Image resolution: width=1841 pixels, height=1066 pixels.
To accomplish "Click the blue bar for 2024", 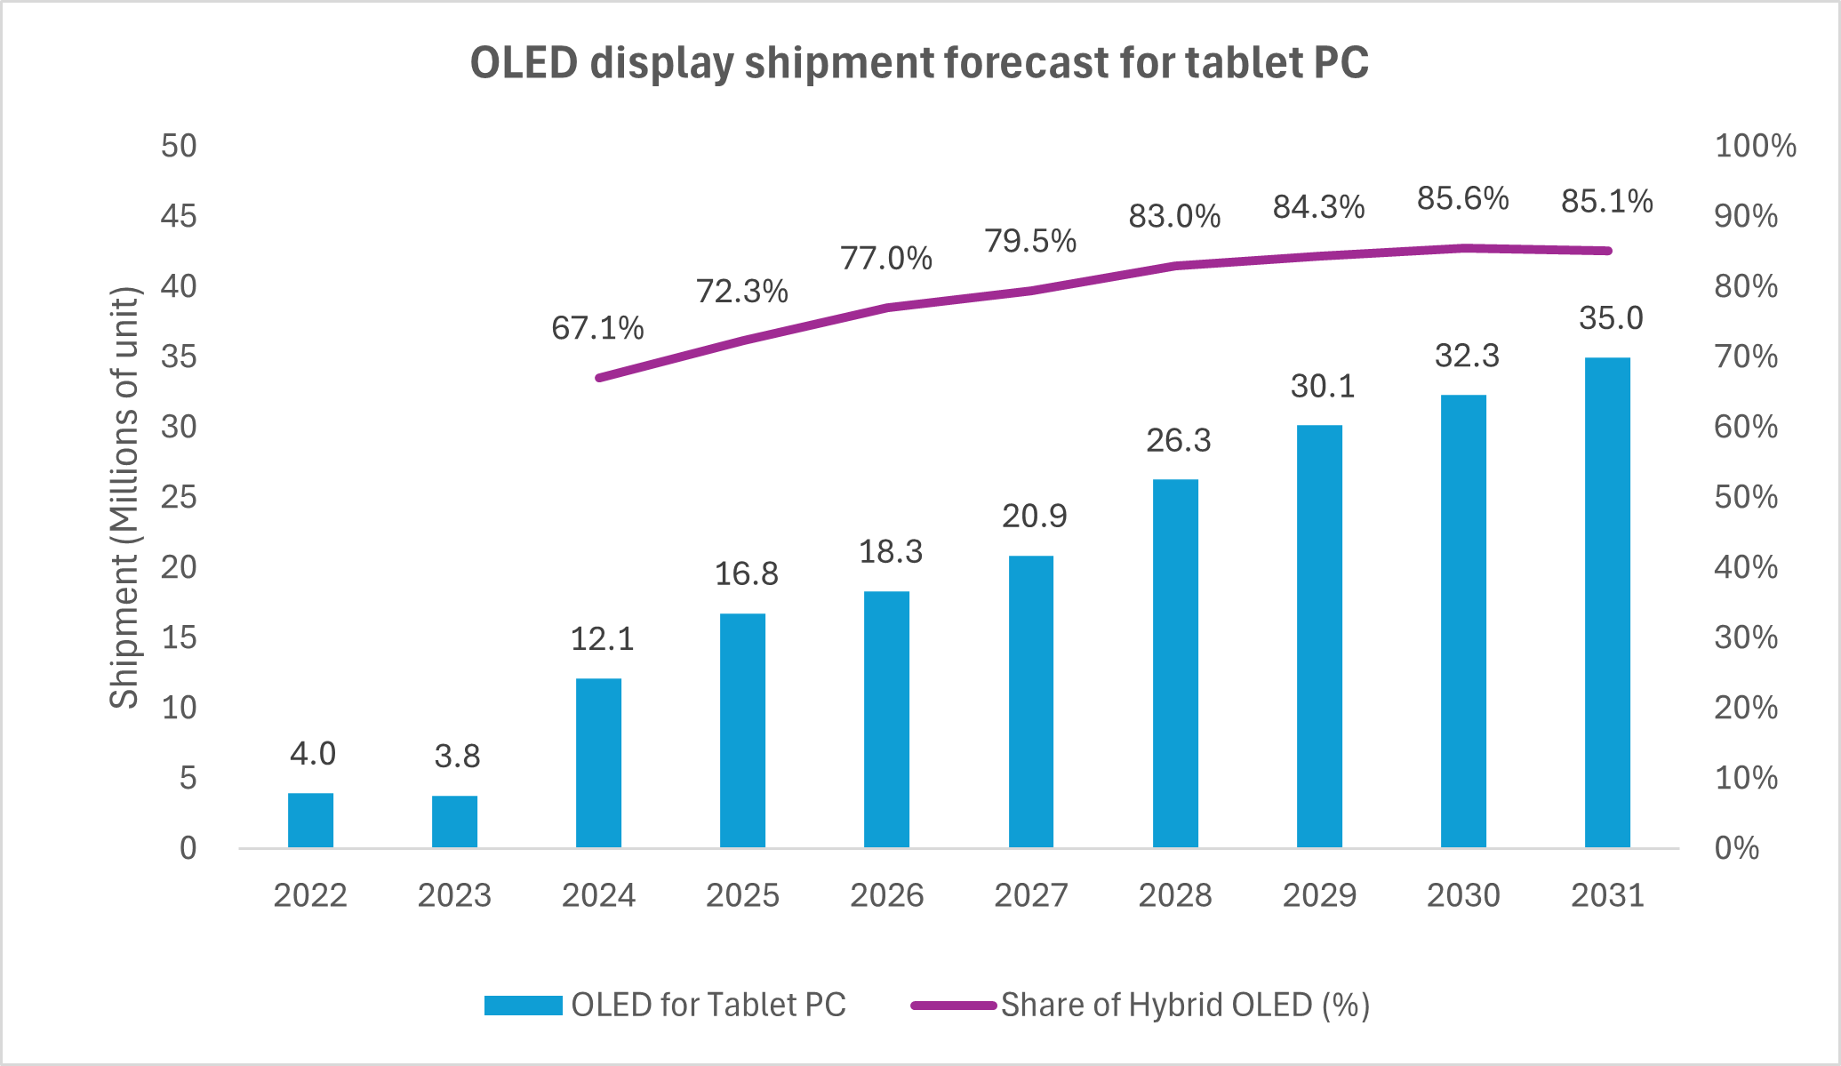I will tap(598, 763).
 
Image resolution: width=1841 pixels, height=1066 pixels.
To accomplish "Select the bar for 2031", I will tap(1607, 602).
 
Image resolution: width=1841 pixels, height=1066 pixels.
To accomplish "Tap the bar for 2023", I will tap(454, 822).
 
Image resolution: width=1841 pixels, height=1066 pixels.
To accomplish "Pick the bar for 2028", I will tap(1175, 663).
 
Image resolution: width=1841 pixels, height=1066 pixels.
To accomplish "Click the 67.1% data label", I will tap(597, 328).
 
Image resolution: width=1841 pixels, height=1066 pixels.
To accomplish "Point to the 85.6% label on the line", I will tap(1462, 198).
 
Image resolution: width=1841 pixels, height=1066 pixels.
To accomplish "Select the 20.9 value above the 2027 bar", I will tap(1034, 516).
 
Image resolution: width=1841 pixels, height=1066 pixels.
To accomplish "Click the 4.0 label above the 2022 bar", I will tap(312, 754).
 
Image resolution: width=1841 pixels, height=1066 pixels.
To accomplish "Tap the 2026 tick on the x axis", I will tap(886, 894).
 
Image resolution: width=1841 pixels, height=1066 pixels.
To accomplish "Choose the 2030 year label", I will tap(1463, 894).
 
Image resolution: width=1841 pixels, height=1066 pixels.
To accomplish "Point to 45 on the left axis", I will tap(178, 216).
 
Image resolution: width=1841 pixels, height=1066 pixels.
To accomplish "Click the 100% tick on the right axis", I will tap(1755, 146).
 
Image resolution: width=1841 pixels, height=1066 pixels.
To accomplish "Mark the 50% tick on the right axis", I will tap(1745, 497).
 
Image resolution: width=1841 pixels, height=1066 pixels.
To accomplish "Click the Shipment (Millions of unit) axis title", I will tap(124, 498).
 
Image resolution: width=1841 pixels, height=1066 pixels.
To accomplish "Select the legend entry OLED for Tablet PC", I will tap(708, 1005).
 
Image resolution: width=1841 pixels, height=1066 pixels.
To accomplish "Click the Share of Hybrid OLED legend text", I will tap(1185, 1005).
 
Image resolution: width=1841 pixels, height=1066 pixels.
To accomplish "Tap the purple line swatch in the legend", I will tap(953, 1006).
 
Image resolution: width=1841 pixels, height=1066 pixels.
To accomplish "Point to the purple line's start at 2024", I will tap(600, 378).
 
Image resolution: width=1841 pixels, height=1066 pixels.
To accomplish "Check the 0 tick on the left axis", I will tap(188, 848).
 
